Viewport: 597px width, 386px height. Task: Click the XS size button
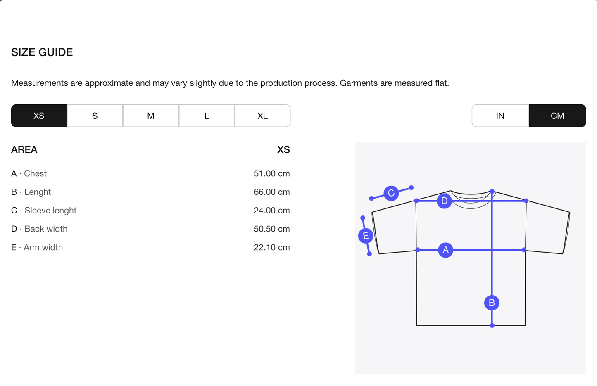click(x=39, y=116)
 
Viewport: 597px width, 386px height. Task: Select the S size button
click(x=95, y=116)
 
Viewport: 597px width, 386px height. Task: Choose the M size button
click(x=151, y=116)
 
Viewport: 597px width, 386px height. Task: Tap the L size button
click(x=207, y=116)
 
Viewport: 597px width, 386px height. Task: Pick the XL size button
click(x=262, y=116)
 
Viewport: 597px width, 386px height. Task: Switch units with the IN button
click(x=500, y=116)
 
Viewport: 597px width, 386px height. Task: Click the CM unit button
click(x=557, y=116)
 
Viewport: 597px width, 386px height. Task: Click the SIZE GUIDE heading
click(x=42, y=52)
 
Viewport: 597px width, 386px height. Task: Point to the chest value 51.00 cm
click(x=271, y=173)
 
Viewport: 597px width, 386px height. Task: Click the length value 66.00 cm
click(x=271, y=192)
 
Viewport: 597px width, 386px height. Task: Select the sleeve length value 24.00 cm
click(x=271, y=211)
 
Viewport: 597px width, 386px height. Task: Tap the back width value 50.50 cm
click(x=271, y=229)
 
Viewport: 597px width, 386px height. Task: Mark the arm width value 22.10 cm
click(x=271, y=247)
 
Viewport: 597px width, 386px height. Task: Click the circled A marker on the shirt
click(x=446, y=250)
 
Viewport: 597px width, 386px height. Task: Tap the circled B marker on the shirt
click(x=492, y=303)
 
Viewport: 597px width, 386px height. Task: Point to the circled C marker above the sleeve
click(x=391, y=193)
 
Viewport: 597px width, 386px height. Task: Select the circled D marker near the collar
click(x=444, y=201)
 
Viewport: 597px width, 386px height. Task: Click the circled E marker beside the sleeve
click(x=366, y=235)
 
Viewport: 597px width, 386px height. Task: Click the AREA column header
click(x=24, y=150)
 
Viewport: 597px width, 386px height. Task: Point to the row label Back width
click(x=46, y=229)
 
